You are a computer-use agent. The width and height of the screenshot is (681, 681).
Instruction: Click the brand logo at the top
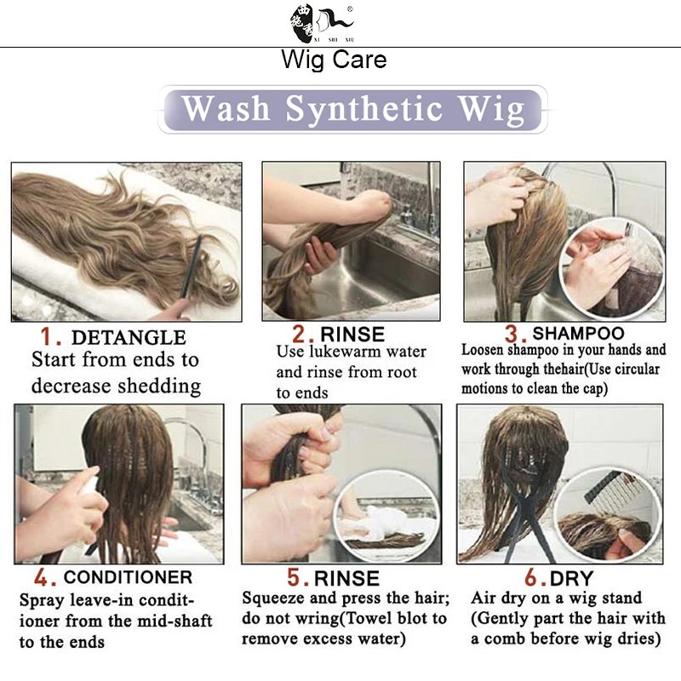point(323,23)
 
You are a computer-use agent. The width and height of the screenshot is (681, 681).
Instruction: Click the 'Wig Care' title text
point(334,59)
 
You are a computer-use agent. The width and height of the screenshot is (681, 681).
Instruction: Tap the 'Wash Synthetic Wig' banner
point(352,110)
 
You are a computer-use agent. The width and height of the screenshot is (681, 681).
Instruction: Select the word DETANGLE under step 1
point(129,337)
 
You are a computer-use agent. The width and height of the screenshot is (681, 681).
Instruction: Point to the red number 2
point(300,334)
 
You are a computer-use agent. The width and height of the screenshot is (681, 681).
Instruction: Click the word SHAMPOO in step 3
point(578,333)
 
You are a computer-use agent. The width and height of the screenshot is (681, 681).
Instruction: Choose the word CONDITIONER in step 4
point(128,577)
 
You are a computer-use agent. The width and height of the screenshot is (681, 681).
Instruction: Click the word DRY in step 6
point(571,578)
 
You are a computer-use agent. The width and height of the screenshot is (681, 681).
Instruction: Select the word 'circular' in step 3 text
point(636,369)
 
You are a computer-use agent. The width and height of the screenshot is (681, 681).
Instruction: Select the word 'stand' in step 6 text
point(621,598)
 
